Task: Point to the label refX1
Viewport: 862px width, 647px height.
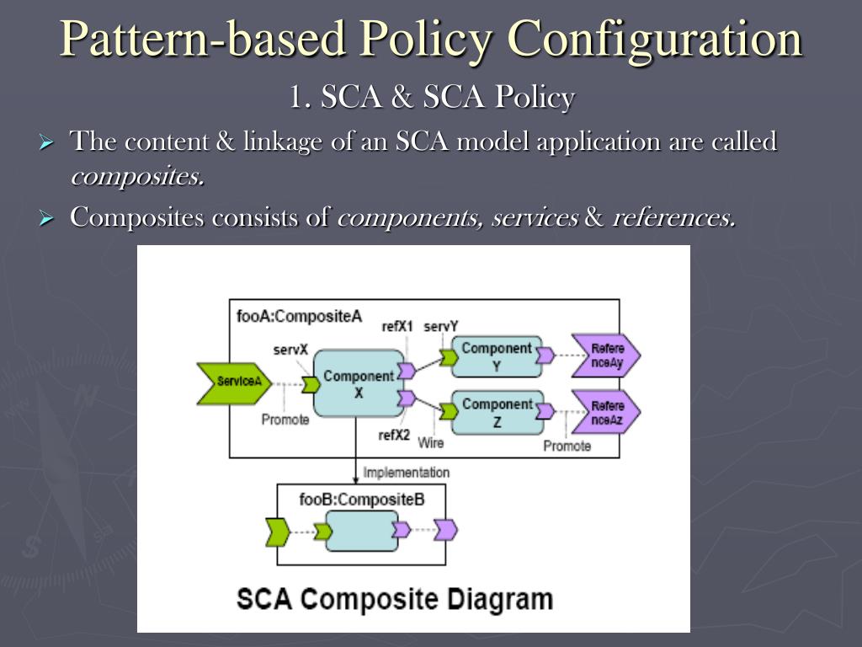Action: [x=397, y=326]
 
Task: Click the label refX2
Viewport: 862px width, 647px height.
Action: [x=394, y=436]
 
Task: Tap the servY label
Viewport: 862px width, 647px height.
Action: [x=441, y=326]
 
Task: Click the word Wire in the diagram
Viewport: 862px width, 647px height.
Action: [x=430, y=441]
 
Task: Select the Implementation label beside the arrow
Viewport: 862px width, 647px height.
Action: [x=406, y=473]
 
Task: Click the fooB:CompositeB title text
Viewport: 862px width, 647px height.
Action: [x=361, y=500]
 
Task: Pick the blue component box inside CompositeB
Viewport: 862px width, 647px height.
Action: [x=360, y=531]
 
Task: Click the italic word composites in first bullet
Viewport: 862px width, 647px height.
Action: [x=137, y=177]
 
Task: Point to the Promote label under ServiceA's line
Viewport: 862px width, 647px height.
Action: [x=285, y=420]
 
